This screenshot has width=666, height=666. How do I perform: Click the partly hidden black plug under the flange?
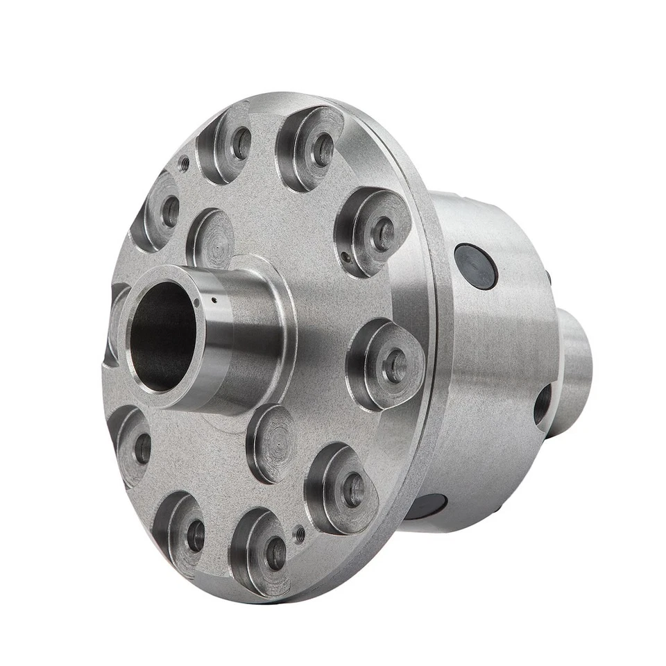pyautogui.click(x=425, y=506)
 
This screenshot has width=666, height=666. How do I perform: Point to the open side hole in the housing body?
pyautogui.click(x=543, y=404)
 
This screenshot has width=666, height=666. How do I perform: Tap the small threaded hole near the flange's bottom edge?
pyautogui.click(x=300, y=534)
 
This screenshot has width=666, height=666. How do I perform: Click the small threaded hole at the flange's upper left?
pyautogui.click(x=185, y=164)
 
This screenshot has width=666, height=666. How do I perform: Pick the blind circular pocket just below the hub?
pyautogui.click(x=273, y=443)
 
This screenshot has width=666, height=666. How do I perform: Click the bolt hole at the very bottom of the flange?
pyautogui.click(x=275, y=553)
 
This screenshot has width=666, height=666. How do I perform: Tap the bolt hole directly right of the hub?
pyautogui.click(x=395, y=365)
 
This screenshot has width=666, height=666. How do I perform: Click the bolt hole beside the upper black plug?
pyautogui.click(x=383, y=233)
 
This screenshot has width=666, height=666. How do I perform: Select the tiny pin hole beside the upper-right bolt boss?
pyautogui.click(x=345, y=259)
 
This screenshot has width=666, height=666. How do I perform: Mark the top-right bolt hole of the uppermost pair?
pyautogui.click(x=321, y=149)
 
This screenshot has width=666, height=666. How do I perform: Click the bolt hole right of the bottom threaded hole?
pyautogui.click(x=353, y=489)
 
